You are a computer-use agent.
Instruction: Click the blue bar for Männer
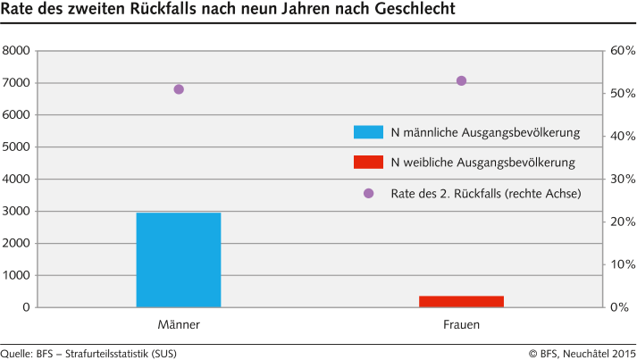tap(179, 260)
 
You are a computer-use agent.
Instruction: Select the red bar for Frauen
tap(461, 301)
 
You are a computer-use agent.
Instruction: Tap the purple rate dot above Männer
tap(179, 89)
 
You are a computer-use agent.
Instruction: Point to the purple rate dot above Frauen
tap(461, 80)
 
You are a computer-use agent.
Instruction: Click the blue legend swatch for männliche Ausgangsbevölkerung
tap(368, 132)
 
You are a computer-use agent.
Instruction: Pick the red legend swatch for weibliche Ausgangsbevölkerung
tap(368, 163)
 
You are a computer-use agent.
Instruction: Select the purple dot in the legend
tap(368, 193)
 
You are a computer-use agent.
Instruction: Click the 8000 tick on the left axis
tap(17, 51)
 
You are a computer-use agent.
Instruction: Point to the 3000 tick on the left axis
tap(17, 212)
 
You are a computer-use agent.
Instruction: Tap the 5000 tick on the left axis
tap(17, 147)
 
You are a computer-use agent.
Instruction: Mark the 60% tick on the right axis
tap(622, 51)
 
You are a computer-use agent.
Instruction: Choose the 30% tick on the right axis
tap(622, 180)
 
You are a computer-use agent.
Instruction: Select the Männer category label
tap(179, 325)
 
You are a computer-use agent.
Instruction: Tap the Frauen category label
tap(461, 325)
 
